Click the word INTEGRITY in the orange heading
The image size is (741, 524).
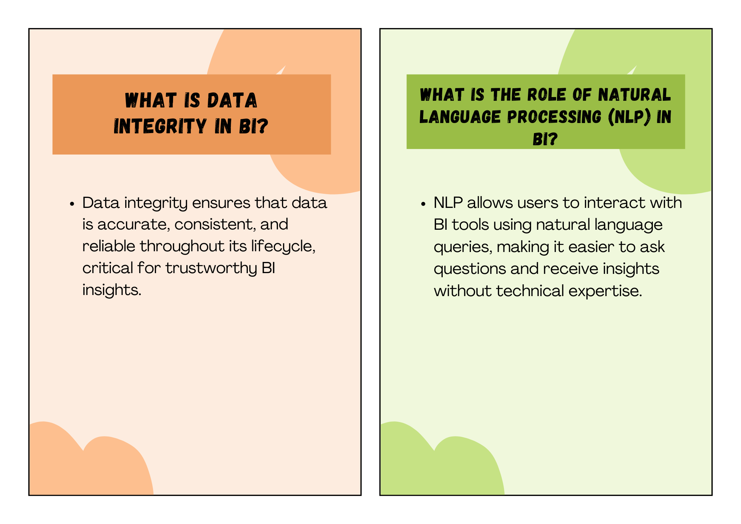pos(160,126)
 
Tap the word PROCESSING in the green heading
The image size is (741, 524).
pos(554,117)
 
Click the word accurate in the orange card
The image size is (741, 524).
pos(132,225)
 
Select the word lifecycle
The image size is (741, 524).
pos(283,246)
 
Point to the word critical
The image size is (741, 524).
pos(107,268)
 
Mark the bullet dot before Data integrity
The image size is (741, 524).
pos(72,204)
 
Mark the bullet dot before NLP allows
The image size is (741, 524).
pos(423,204)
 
